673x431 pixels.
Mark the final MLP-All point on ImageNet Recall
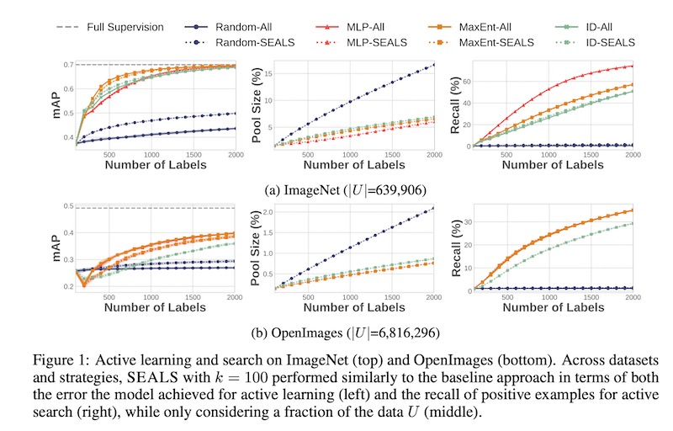[x=632, y=66]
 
